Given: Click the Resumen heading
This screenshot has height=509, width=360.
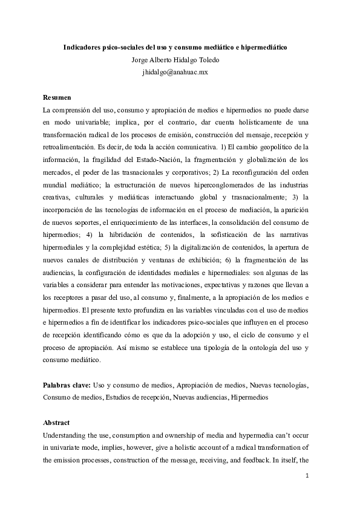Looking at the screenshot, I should pos(57,98).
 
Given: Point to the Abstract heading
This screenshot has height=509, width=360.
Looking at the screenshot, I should pos(57,423).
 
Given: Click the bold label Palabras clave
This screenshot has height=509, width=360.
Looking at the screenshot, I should pos(67,385).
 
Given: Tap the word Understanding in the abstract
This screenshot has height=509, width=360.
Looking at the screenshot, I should pos(67,436).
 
